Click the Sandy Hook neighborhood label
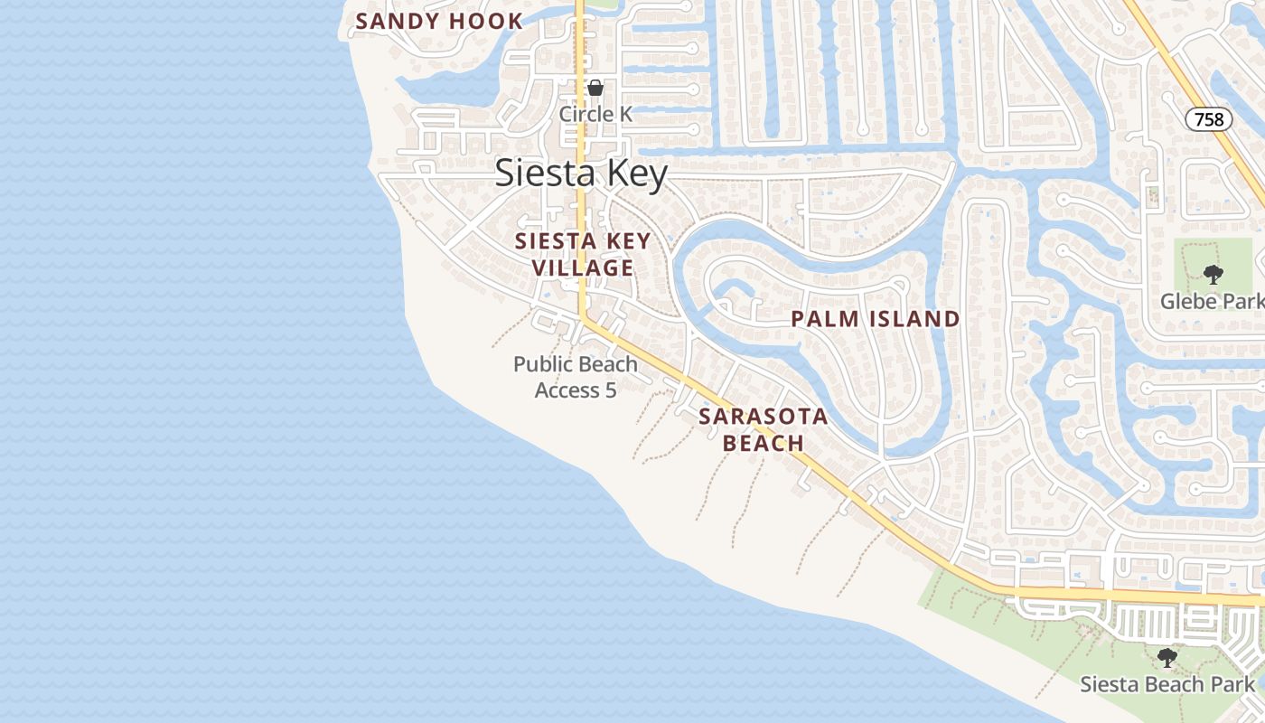coord(439,22)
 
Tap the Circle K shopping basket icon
coord(595,88)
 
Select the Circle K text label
coord(595,114)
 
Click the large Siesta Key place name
coord(581,174)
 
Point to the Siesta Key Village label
coord(583,254)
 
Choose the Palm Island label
coord(875,318)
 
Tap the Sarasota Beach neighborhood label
coord(764,429)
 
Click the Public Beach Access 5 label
coord(576,377)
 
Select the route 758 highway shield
coord(1208,119)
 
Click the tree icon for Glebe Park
coord(1213,274)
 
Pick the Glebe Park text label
coord(1212,301)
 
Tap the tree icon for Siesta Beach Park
coord(1167,657)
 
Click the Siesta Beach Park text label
coord(1168,684)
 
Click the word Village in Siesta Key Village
coord(583,268)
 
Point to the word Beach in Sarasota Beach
coord(764,443)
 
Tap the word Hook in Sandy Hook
coord(489,22)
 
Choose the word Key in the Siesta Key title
coord(634,174)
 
